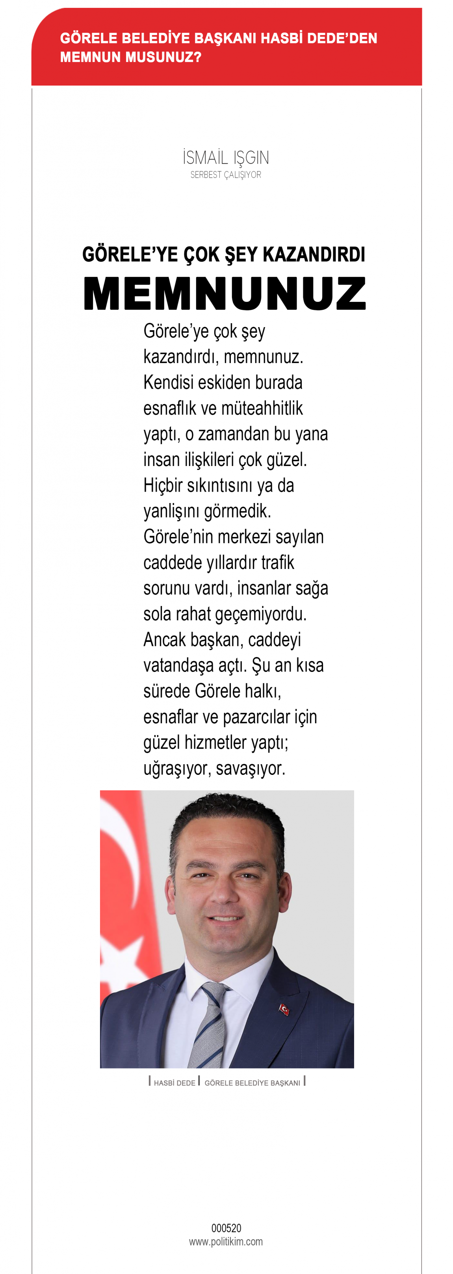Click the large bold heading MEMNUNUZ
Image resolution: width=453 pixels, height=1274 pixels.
coord(225,294)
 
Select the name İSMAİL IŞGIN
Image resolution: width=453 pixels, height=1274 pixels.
coord(226,158)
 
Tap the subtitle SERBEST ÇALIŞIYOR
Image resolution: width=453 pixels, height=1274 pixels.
coord(226,174)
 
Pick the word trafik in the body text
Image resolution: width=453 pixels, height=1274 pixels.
coord(278,562)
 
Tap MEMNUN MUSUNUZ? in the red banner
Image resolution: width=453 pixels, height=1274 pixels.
coord(131,57)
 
